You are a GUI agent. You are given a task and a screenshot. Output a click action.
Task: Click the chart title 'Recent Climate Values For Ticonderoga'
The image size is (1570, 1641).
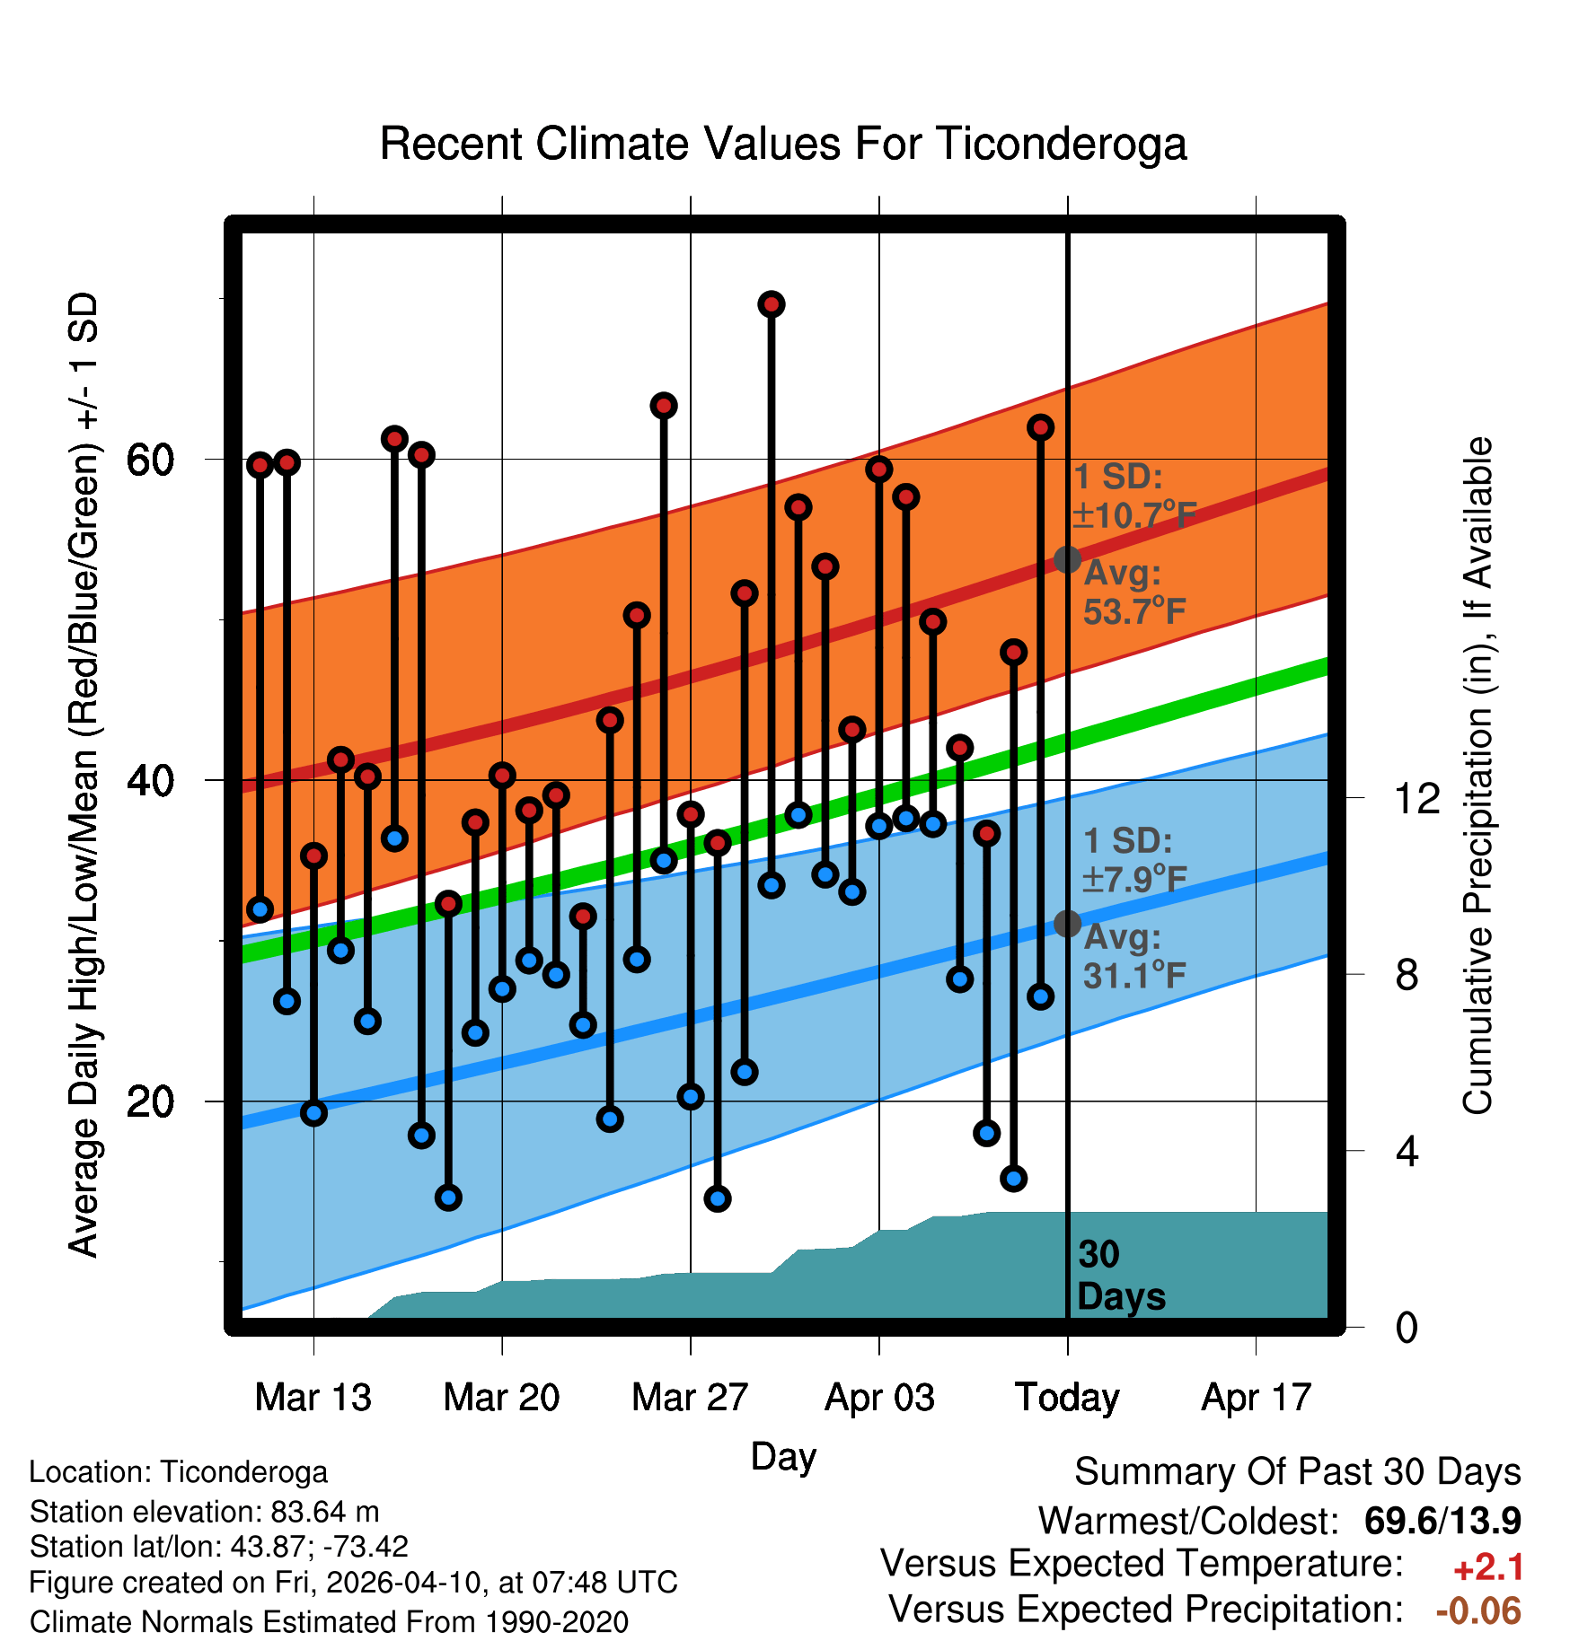pyautogui.click(x=783, y=144)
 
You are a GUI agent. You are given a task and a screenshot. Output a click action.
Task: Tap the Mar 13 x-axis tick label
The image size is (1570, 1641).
pyautogui.click(x=313, y=1398)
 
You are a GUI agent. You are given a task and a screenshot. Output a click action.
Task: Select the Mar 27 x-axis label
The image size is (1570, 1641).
pyautogui.click(x=690, y=1398)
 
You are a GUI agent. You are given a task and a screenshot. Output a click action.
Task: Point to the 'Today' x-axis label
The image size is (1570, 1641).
pyautogui.click(x=1067, y=1398)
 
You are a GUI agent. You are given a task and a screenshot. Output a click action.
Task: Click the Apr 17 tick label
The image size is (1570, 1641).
pyautogui.click(x=1257, y=1398)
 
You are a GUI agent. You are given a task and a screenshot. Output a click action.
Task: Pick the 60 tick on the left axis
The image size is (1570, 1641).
pyautogui.click(x=149, y=460)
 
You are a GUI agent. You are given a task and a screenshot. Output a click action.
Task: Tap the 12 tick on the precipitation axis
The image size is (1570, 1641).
pyautogui.click(x=1416, y=798)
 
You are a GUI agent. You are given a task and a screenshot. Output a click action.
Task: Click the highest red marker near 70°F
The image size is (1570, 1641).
pyautogui.click(x=771, y=304)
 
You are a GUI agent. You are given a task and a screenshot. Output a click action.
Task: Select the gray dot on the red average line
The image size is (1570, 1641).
pyautogui.click(x=1067, y=559)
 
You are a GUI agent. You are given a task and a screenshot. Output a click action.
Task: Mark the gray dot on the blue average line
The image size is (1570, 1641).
pyautogui.click(x=1067, y=923)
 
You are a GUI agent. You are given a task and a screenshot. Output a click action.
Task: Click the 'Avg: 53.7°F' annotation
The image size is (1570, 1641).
pyautogui.click(x=1133, y=592)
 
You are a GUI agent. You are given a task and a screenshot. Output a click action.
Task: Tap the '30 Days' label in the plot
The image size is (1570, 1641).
pyautogui.click(x=1120, y=1276)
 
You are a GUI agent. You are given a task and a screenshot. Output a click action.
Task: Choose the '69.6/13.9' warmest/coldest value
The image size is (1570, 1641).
pyautogui.click(x=1442, y=1521)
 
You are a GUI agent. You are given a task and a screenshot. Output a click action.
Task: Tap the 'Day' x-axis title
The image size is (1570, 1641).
pyautogui.click(x=783, y=1456)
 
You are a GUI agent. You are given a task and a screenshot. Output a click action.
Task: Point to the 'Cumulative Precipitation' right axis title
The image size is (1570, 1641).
pyautogui.click(x=1477, y=776)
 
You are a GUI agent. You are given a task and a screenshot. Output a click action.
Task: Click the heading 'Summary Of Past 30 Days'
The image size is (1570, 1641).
pyautogui.click(x=1297, y=1472)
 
